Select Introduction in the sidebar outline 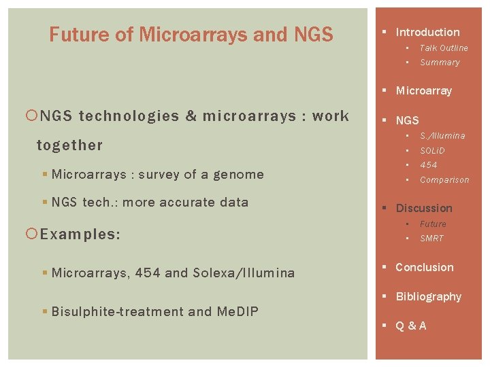(x=427, y=32)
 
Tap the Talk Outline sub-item (x=444, y=48)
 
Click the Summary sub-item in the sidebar (x=440, y=63)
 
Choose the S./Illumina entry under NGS (x=442, y=136)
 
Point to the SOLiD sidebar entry (x=432, y=150)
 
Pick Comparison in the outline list (x=444, y=180)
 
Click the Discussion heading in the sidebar (x=424, y=208)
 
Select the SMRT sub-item (x=431, y=239)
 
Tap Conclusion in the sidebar (x=424, y=267)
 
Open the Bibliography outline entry (x=428, y=296)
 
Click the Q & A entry (x=411, y=326)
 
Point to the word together (x=69, y=145)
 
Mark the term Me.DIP (x=238, y=311)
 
